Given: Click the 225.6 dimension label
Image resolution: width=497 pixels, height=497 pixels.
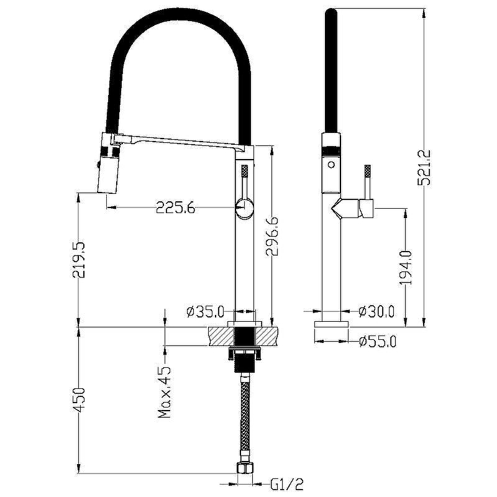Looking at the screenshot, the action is pyautogui.click(x=176, y=208).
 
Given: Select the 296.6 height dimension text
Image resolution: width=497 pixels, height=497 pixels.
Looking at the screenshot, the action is pyautogui.click(x=272, y=236).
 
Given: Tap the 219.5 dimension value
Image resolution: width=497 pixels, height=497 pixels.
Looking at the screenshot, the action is pyautogui.click(x=78, y=260).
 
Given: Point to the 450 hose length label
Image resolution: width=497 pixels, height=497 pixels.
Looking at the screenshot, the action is pyautogui.click(x=78, y=399).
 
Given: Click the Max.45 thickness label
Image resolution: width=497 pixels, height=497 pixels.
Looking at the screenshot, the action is pyautogui.click(x=165, y=392).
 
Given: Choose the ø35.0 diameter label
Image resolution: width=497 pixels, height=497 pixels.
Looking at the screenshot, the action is pyautogui.click(x=206, y=311).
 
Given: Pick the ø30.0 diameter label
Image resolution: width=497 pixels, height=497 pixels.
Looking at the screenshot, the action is pyautogui.click(x=376, y=311).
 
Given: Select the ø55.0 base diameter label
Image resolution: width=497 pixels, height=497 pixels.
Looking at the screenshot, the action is pyautogui.click(x=378, y=341).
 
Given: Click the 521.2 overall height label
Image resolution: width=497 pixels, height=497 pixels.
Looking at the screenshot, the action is pyautogui.click(x=424, y=167).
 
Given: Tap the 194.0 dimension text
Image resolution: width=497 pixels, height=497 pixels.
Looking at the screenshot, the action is pyautogui.click(x=406, y=267).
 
